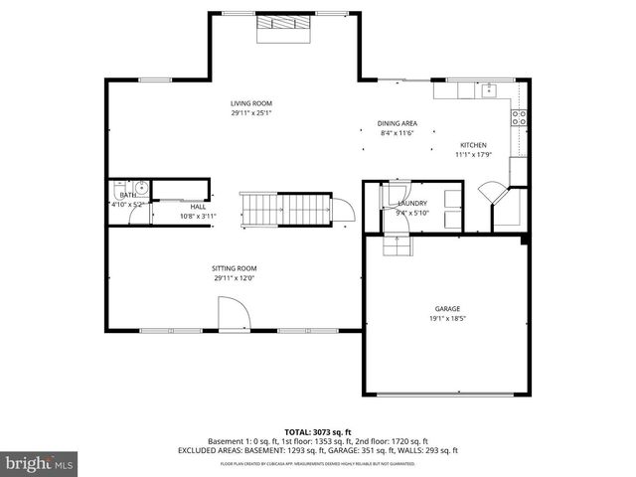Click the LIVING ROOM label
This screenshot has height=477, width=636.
click(251, 103)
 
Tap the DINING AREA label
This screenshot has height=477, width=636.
click(397, 123)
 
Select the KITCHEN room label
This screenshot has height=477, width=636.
click(472, 145)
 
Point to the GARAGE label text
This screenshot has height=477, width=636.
click(447, 309)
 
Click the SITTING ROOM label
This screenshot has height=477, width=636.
click(235, 268)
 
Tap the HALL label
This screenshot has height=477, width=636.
click(198, 206)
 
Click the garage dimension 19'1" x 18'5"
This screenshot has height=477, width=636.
click(447, 319)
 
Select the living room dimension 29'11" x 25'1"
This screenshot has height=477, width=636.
click(251, 113)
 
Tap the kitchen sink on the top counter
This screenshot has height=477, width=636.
click(489, 91)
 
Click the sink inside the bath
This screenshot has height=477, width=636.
click(140, 188)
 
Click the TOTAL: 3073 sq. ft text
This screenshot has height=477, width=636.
click(317, 430)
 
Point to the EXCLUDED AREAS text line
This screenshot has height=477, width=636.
click(317, 450)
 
